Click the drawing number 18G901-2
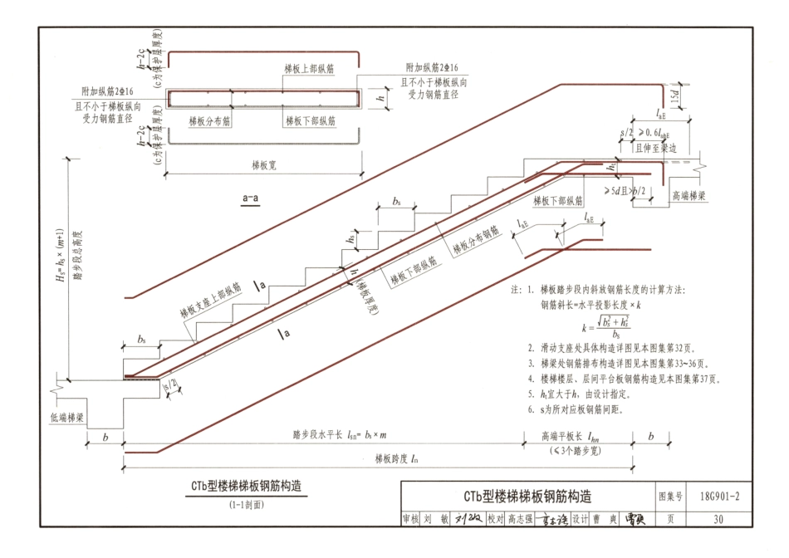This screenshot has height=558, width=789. point(719,497)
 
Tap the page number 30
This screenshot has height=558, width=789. point(719,519)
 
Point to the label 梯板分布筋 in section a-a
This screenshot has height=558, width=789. point(209,121)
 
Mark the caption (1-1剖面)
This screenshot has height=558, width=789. point(247,504)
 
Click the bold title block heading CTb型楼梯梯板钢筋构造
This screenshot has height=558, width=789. point(528,497)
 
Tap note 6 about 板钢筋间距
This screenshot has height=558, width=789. point(584,410)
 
